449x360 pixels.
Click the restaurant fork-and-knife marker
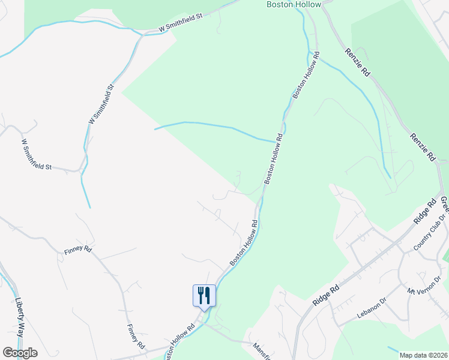pyautogui.click(x=204, y=296)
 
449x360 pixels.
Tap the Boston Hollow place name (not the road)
pyautogui.click(x=294, y=4)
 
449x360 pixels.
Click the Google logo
pyautogui.click(x=20, y=353)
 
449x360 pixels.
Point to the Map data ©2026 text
pyautogui.click(x=423, y=355)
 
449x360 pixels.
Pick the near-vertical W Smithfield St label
pyautogui.click(x=101, y=104)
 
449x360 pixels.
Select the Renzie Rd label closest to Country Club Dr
pyautogui.click(x=423, y=148)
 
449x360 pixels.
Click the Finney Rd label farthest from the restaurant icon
pyautogui.click(x=78, y=249)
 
